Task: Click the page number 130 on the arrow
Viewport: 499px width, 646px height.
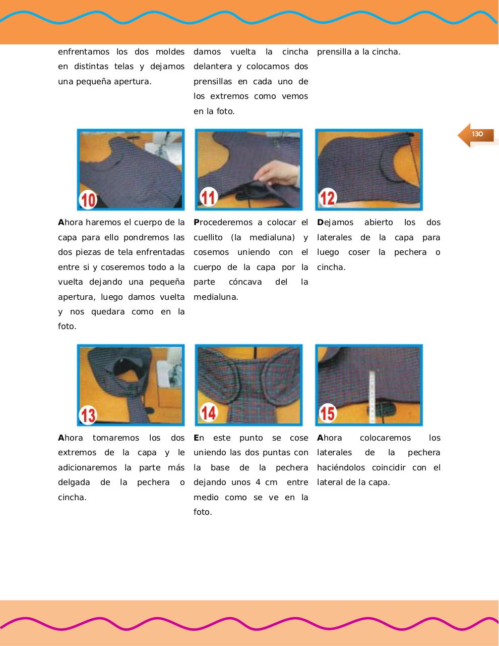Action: click(477, 134)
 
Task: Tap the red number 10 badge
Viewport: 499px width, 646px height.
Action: click(89, 200)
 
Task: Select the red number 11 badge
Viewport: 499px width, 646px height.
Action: click(208, 197)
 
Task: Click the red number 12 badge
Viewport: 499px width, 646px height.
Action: click(328, 197)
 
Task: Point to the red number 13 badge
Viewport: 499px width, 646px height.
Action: click(89, 415)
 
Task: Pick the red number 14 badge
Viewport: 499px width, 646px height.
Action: click(209, 413)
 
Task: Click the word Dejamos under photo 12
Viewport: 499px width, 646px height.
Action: click(335, 223)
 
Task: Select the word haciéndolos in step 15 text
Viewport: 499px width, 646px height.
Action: click(341, 468)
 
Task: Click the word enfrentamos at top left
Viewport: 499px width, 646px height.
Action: click(84, 52)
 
